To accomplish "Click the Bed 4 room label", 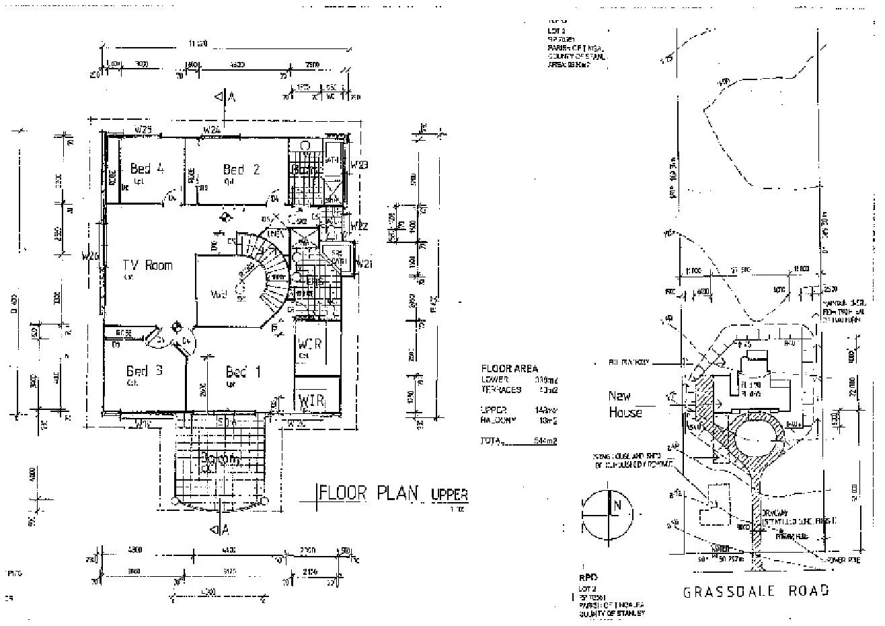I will click(147, 169).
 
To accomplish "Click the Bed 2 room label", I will click(241, 170).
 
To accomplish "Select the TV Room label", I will click(147, 265).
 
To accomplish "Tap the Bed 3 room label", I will click(144, 371).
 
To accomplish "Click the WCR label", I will click(309, 343).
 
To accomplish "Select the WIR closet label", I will click(311, 401).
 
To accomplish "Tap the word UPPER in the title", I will click(449, 495).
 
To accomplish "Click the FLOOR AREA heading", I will click(510, 368).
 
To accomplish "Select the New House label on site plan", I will click(625, 404).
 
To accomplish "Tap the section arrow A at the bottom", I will click(225, 530).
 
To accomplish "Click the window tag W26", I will click(90, 256).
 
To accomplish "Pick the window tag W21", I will click(364, 264).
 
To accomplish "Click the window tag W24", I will click(213, 129).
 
